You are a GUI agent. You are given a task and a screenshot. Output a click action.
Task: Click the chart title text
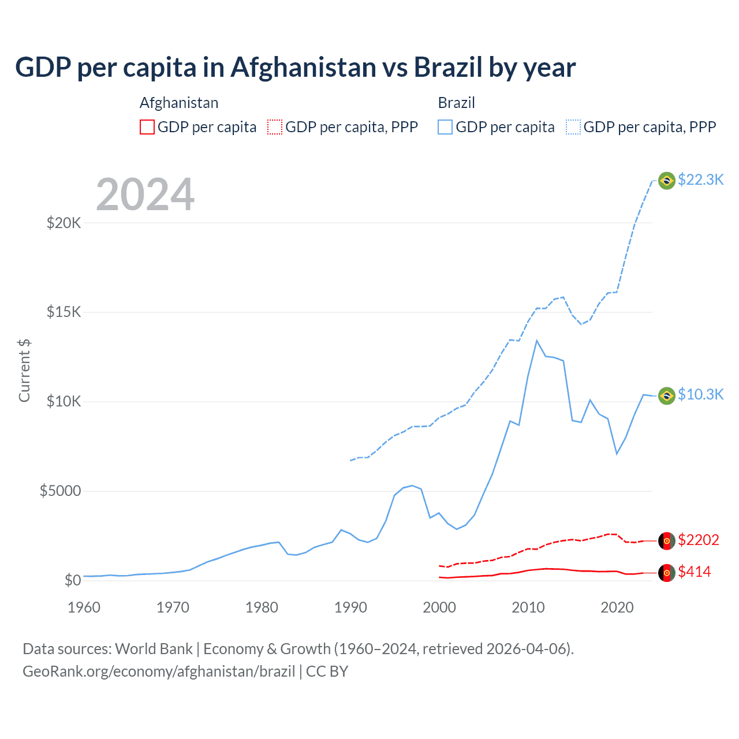(x=295, y=68)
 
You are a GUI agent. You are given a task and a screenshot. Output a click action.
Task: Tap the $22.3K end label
(x=700, y=180)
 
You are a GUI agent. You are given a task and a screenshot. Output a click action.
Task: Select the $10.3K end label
(x=700, y=394)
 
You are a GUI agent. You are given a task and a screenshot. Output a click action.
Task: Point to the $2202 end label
(x=699, y=540)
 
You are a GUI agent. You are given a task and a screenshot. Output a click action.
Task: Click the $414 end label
(x=695, y=572)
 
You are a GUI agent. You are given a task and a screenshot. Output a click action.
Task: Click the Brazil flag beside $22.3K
(x=667, y=181)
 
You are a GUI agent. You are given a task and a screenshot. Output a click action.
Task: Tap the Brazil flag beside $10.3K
(x=667, y=395)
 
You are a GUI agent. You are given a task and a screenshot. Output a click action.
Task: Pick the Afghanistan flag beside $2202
(x=667, y=541)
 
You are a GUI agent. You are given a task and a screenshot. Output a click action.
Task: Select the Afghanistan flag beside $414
(x=667, y=573)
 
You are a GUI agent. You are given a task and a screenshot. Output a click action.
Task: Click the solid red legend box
(x=147, y=127)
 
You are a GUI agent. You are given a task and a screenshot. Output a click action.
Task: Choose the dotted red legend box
(x=275, y=127)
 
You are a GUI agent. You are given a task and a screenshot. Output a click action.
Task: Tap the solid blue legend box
(x=445, y=127)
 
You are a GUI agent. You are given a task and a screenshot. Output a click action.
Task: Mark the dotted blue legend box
(x=573, y=127)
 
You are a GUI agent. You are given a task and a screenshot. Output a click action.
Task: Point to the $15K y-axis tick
(x=64, y=312)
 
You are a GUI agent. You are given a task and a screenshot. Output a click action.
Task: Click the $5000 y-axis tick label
(x=61, y=491)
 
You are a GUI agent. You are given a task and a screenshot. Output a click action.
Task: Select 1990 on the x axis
(x=350, y=607)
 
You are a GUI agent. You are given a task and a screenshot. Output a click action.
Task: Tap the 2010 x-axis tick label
(x=528, y=607)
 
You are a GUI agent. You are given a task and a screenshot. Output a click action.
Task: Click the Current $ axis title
(x=24, y=370)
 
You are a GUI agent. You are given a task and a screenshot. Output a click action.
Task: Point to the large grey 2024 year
(x=145, y=195)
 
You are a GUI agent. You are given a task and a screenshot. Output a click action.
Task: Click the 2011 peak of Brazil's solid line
(x=537, y=341)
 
